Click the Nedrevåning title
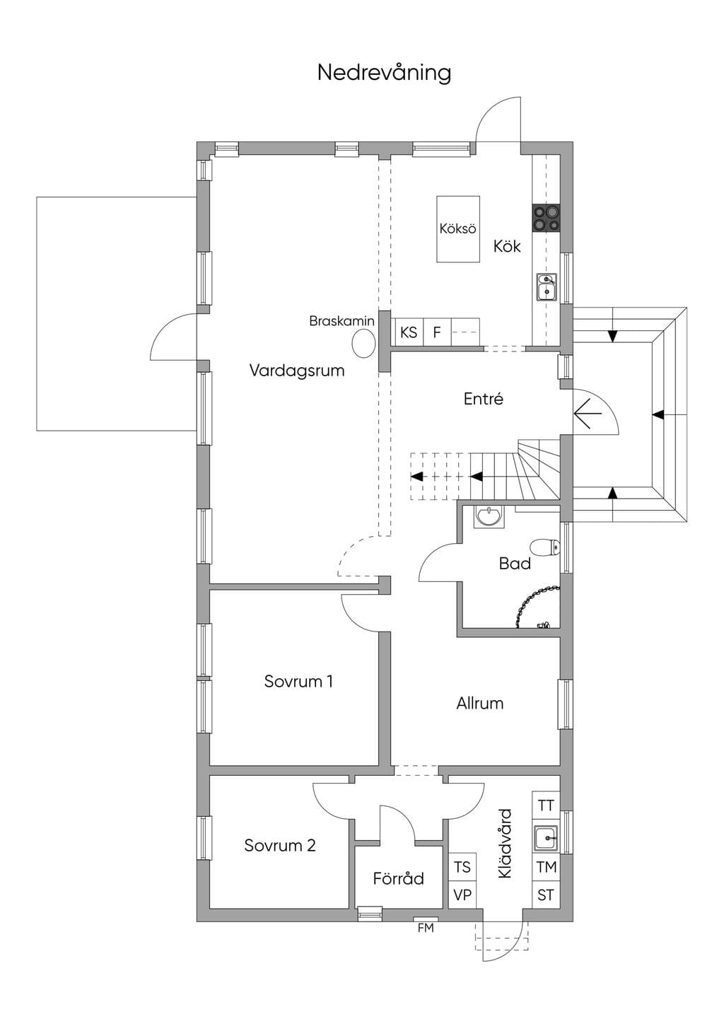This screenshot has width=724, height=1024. (384, 73)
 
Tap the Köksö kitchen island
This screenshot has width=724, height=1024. (458, 229)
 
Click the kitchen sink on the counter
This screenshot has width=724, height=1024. (547, 286)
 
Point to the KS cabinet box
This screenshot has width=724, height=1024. (409, 332)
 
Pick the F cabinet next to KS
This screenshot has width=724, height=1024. (438, 332)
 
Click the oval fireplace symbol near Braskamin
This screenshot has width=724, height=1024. (364, 344)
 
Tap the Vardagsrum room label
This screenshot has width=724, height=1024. (297, 371)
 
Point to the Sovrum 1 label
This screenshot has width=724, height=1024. (298, 682)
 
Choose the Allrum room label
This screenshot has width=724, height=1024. (480, 703)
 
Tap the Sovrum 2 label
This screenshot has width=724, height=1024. (280, 845)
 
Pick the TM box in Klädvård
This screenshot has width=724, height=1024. (547, 867)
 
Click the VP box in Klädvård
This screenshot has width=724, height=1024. (462, 894)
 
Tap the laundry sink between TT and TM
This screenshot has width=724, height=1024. (547, 837)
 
